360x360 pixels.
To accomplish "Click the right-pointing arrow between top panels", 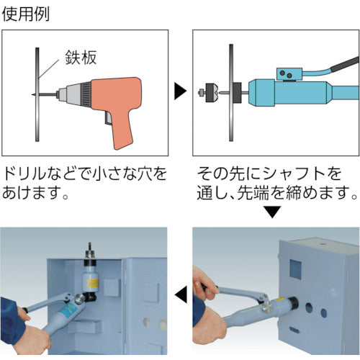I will (x=181, y=91).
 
